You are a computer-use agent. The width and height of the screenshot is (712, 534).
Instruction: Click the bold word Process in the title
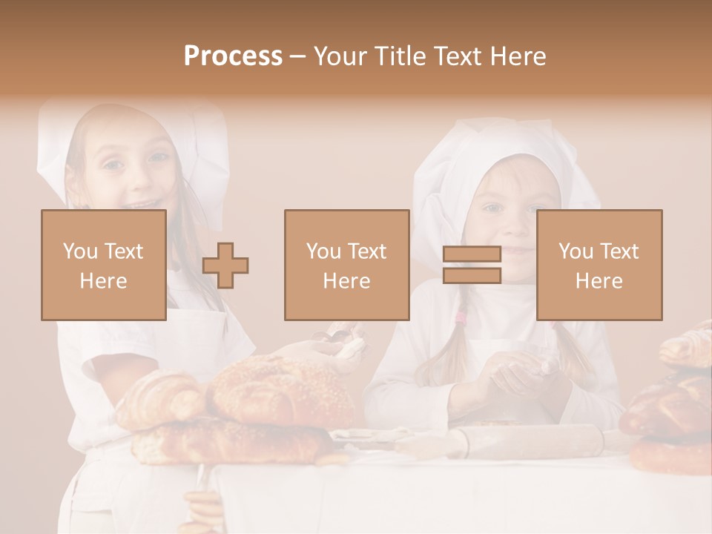click(233, 56)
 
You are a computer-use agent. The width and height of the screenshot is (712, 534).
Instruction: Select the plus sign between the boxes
click(225, 266)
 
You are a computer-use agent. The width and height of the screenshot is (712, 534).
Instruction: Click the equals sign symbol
click(472, 265)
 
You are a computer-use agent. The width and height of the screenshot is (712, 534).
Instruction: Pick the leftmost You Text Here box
click(103, 265)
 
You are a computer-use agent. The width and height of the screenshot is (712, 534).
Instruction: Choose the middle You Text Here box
click(346, 265)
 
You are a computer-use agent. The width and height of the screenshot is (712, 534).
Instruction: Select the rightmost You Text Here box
click(599, 265)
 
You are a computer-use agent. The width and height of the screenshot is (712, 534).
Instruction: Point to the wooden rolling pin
click(512, 441)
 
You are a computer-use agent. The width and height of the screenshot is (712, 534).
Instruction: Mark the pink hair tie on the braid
click(461, 319)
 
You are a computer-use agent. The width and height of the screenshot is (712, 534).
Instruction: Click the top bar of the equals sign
click(472, 254)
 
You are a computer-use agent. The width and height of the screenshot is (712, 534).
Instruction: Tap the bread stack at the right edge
click(671, 408)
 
